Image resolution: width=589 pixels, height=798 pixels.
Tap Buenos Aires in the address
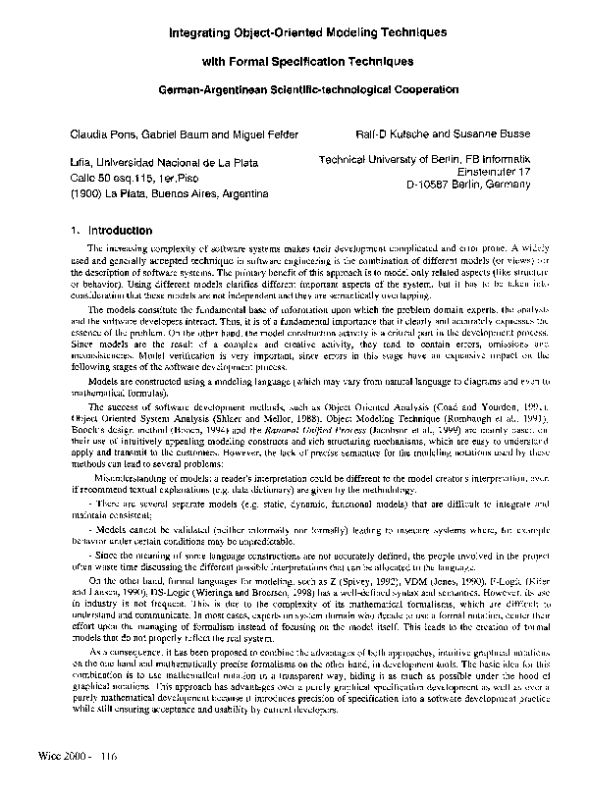(186, 195)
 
